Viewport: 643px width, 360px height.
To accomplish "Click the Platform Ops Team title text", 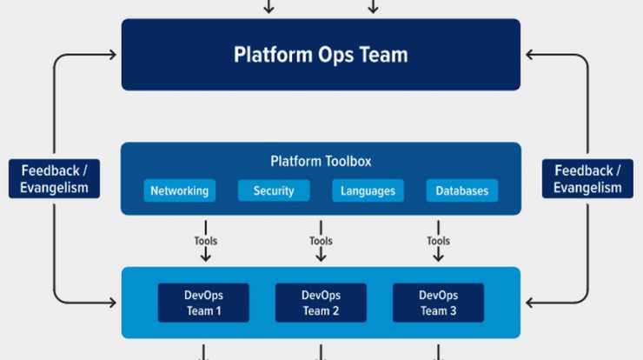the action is (321, 55).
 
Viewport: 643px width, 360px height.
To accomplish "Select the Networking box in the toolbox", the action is (180, 190).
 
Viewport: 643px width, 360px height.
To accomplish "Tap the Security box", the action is (274, 190).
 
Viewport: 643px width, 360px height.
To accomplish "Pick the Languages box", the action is (368, 190).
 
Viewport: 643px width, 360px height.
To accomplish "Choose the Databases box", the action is (462, 190).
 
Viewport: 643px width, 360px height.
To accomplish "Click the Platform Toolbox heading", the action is (321, 162).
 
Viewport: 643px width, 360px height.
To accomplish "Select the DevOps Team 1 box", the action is (203, 303).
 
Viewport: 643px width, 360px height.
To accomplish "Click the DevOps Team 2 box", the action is (321, 303).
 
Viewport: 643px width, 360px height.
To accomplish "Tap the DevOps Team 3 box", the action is (439, 303).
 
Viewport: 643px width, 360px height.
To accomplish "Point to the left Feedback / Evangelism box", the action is (54, 179).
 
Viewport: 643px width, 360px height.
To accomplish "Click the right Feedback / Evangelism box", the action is (587, 179).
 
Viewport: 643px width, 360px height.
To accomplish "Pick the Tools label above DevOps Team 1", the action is (205, 241).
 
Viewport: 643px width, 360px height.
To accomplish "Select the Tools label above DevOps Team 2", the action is (321, 241).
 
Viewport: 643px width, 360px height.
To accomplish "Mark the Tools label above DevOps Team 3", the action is (439, 241).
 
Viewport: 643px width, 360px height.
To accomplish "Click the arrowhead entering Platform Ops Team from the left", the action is (112, 55).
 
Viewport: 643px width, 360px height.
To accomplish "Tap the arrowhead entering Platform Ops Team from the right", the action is (530, 55).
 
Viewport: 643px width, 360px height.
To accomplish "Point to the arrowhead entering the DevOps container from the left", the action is (112, 303).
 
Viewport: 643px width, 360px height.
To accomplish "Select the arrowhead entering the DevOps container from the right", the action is (530, 303).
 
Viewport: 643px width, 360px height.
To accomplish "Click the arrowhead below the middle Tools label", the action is (321, 257).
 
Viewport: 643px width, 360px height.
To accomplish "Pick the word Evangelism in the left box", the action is (54, 188).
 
